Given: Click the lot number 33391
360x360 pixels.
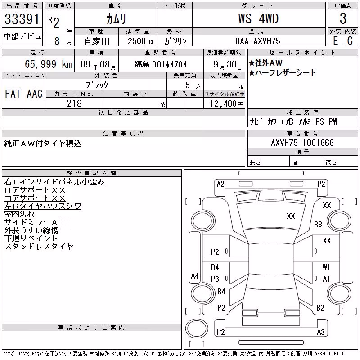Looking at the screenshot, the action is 22,19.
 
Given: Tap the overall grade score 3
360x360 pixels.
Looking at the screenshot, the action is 343,18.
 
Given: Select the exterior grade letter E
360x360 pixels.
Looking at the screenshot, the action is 335,41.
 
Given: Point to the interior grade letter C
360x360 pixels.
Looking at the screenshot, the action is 350,41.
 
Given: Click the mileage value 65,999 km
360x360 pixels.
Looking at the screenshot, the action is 49,64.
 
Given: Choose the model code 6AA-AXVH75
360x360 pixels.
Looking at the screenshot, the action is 258,41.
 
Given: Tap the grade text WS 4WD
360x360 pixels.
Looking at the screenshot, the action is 258,18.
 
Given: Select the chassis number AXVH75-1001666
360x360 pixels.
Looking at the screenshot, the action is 302,143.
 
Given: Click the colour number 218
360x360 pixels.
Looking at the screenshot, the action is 74,103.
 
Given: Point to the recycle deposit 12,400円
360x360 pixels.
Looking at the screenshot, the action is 227,104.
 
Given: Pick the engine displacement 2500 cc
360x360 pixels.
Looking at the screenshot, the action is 141,41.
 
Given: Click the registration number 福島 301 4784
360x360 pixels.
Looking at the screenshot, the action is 161,64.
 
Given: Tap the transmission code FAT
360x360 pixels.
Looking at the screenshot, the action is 13,94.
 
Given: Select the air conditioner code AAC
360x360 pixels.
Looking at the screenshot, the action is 35,94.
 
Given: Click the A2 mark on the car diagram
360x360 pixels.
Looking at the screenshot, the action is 220,184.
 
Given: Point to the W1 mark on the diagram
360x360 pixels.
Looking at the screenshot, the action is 327,267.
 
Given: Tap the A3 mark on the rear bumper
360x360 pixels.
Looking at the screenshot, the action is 321,332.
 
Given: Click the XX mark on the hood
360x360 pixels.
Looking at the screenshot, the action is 291,216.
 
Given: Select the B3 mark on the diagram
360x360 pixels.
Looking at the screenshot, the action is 318,224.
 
